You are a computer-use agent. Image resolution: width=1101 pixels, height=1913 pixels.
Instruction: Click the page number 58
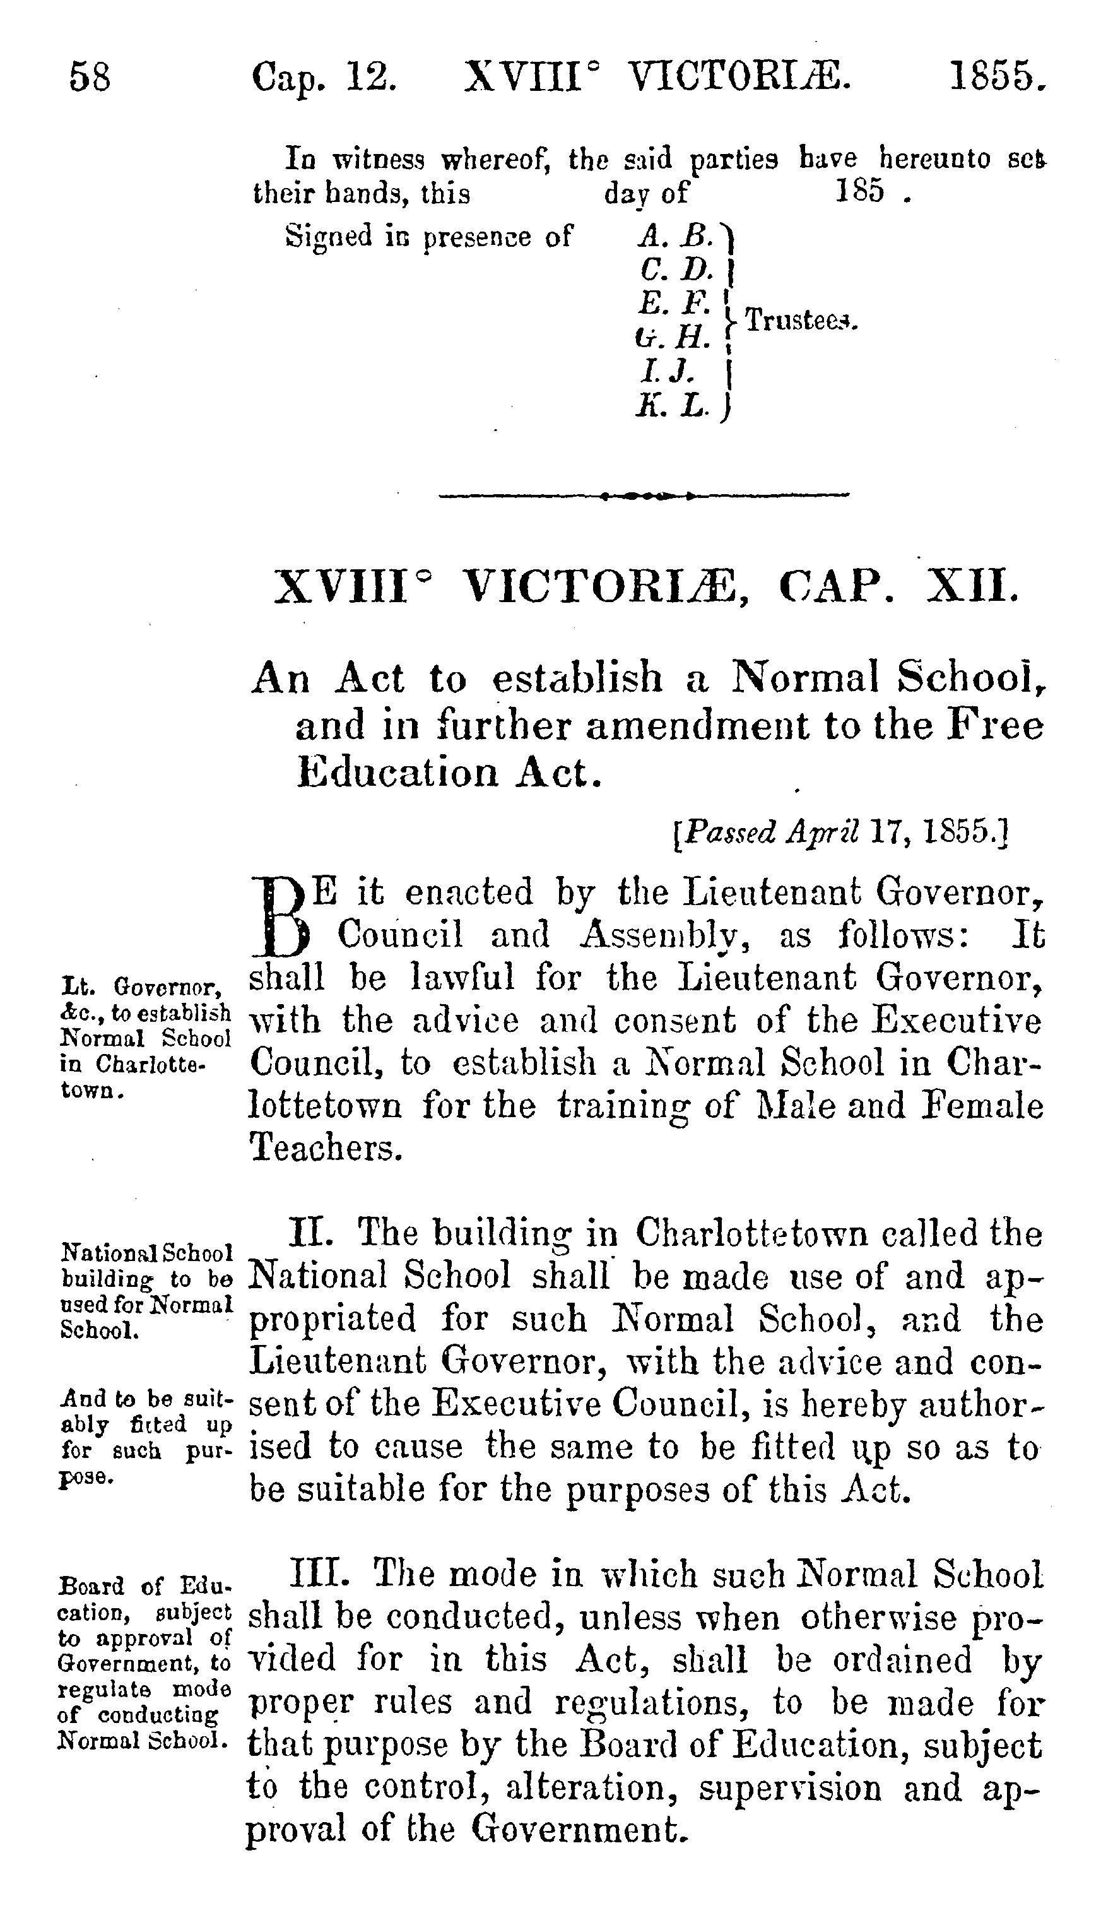90,77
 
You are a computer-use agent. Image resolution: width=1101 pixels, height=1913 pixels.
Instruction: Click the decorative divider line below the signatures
644,496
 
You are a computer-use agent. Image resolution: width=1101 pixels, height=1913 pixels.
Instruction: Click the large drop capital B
281,914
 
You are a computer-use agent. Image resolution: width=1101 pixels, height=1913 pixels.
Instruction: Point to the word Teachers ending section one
325,1148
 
